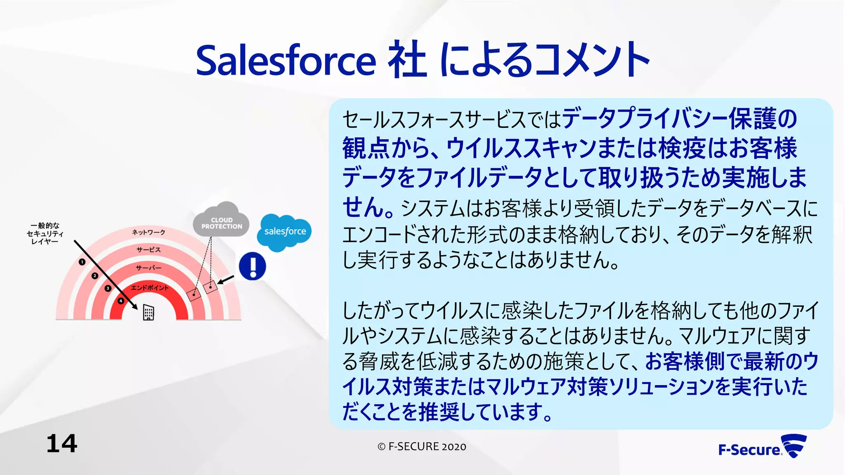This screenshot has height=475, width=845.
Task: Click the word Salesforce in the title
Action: tap(286, 61)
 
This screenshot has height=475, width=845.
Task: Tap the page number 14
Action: tap(62, 444)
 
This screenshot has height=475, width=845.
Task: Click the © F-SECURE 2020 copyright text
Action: tap(422, 447)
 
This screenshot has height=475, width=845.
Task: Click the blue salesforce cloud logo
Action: tap(285, 232)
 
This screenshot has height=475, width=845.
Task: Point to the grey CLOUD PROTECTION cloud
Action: tap(222, 222)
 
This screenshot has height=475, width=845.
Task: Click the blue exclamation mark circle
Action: tap(253, 266)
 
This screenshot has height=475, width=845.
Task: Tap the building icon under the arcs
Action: tap(148, 312)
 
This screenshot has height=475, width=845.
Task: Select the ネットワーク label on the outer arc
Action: tap(149, 232)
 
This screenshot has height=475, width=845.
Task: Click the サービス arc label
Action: tap(149, 250)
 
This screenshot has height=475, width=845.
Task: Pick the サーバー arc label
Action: tap(149, 268)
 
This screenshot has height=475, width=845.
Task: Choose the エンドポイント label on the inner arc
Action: tap(149, 287)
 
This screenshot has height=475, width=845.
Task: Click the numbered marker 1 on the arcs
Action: tap(82, 262)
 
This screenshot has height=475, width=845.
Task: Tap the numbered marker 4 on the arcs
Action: tap(120, 301)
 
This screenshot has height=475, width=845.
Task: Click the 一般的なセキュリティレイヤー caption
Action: tap(45, 233)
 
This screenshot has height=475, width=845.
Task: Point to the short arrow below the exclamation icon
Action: tap(225, 280)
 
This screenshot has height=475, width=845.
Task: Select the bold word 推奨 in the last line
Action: tap(439, 412)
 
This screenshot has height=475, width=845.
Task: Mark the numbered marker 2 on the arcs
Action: tap(95, 275)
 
